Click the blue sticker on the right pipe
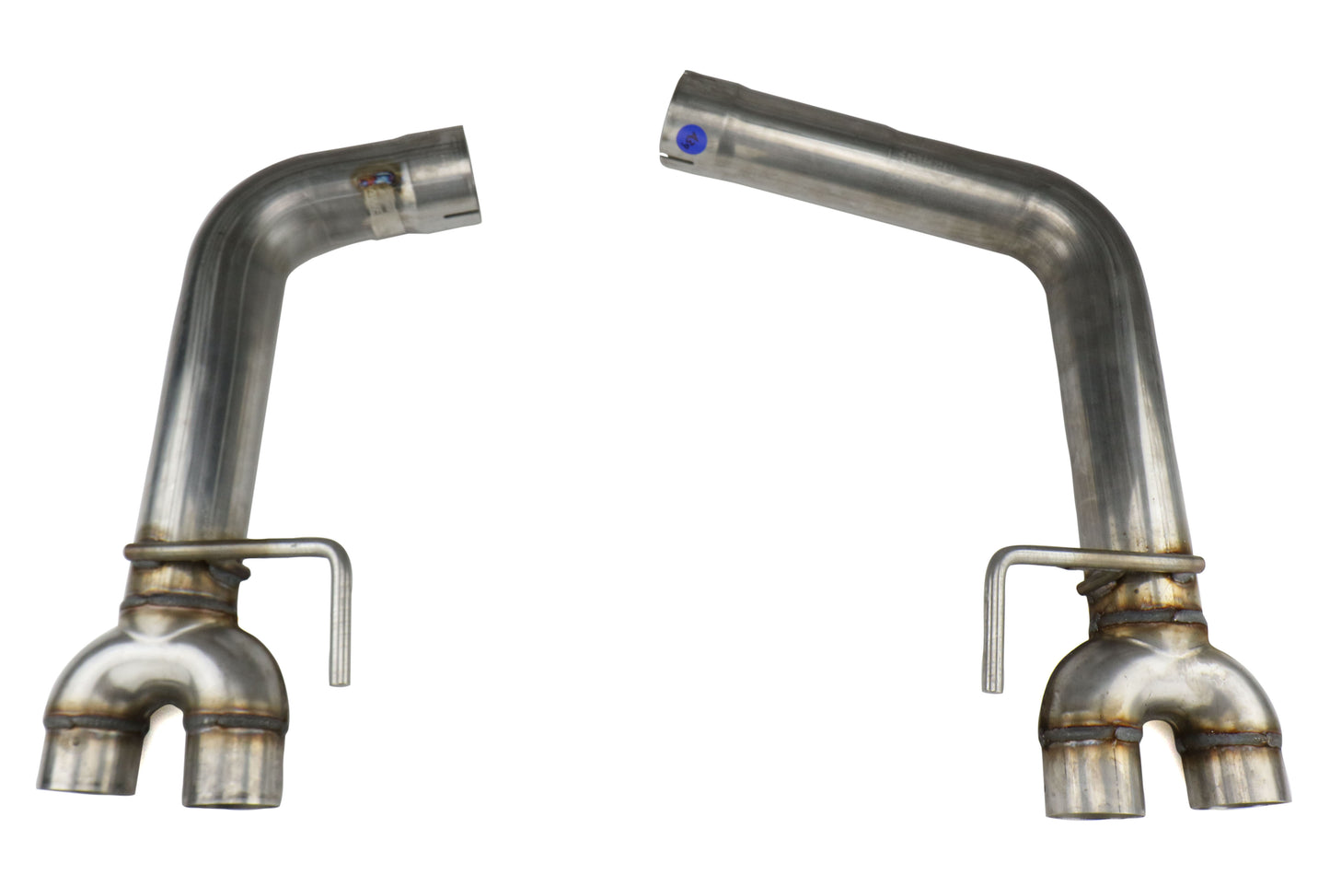[689, 139]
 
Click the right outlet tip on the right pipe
[1239, 783]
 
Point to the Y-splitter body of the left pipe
[170, 654]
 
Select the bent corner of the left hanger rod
[341, 549]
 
